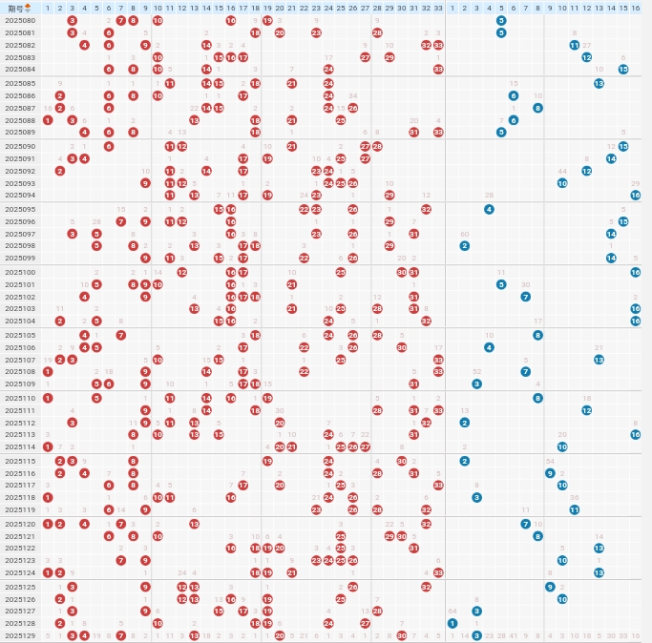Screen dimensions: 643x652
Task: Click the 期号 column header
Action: [15, 8]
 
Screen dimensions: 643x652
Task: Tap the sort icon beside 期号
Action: [28, 8]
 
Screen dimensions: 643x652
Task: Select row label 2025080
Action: [20, 20]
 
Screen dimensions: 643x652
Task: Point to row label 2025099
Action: [20, 258]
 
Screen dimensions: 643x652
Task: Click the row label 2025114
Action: [20, 446]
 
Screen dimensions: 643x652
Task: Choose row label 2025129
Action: [20, 635]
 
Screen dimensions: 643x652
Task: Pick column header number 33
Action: [438, 8]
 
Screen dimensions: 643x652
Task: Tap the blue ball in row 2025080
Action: [501, 20]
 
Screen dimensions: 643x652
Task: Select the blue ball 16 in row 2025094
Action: [636, 195]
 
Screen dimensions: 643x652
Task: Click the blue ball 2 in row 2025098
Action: [465, 245]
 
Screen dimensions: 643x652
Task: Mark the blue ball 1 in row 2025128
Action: [452, 623]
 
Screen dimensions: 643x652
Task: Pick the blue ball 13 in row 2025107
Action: [599, 359]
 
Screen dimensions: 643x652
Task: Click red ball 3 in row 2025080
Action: [73, 20]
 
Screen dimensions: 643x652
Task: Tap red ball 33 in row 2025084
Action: [438, 69]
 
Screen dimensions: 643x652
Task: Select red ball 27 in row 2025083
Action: [365, 57]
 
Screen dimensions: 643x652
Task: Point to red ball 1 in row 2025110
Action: [48, 397]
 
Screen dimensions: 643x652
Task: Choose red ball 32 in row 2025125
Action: [426, 586]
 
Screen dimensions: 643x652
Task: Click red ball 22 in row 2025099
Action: [304, 258]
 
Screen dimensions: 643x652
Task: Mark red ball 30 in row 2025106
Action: [402, 347]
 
